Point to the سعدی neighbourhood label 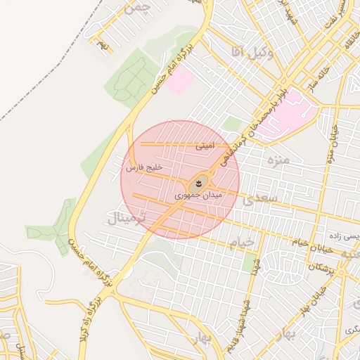pos(261,200)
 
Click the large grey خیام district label pos(242,243)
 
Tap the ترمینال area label pos(126,219)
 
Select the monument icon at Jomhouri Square pos(198,184)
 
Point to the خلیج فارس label pos(144,168)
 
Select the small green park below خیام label pos(250,264)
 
